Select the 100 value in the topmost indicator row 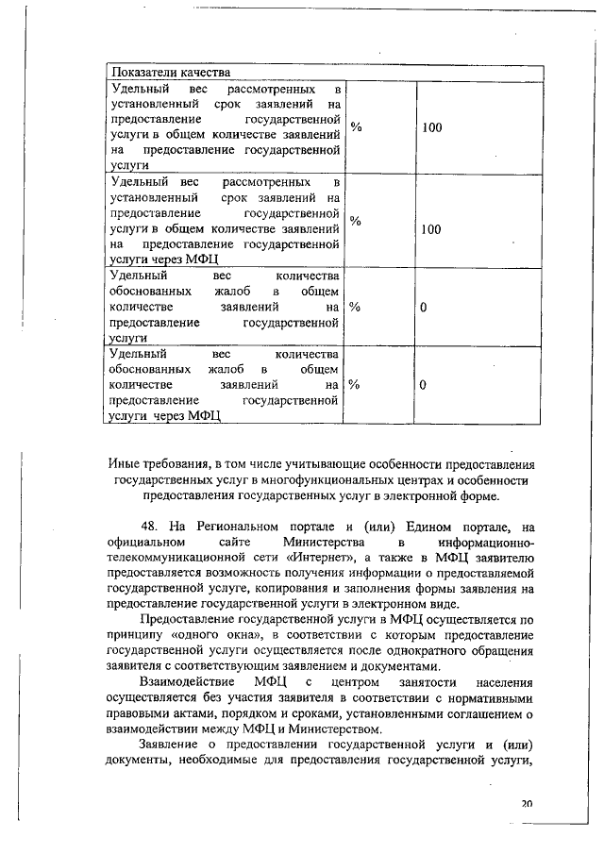point(432,127)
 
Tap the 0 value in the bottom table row point(424,385)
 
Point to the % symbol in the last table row point(355,385)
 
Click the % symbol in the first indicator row point(356,127)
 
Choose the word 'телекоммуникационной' point(175,558)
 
